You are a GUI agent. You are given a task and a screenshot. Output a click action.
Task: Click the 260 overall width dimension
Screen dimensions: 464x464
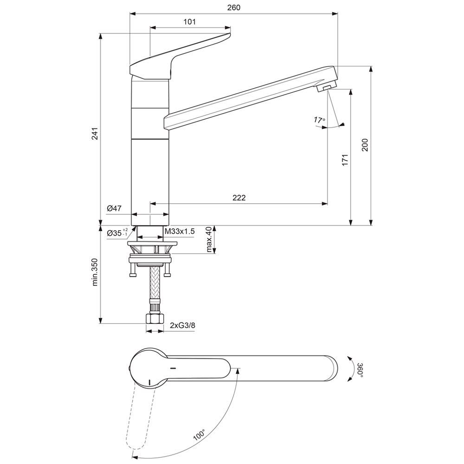click(x=234, y=8)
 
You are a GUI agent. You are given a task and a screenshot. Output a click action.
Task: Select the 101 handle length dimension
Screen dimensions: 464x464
click(x=190, y=22)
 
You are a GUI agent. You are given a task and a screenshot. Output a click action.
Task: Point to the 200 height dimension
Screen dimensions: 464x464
click(x=365, y=145)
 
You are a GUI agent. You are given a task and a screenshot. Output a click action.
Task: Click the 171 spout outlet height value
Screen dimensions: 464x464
click(x=345, y=160)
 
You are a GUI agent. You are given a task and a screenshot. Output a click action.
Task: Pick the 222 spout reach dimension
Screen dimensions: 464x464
click(x=239, y=198)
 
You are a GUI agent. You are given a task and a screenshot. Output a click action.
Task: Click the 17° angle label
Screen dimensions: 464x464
click(x=320, y=120)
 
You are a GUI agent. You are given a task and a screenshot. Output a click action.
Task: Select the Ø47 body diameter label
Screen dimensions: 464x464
click(x=114, y=208)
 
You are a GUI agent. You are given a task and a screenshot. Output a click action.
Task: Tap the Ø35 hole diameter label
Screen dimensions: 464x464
click(x=117, y=232)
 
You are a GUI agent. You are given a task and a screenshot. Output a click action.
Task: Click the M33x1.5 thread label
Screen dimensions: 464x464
click(x=180, y=232)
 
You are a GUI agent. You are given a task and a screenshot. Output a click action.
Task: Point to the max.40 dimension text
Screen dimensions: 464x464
click(x=210, y=240)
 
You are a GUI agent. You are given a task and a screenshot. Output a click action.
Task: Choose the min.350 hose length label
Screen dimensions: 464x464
click(x=95, y=272)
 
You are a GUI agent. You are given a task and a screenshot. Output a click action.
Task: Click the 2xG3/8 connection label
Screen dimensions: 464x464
click(x=182, y=326)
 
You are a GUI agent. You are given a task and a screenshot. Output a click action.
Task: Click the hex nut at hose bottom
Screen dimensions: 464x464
click(x=155, y=319)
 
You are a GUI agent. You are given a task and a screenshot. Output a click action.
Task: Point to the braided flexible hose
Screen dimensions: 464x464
click(x=155, y=283)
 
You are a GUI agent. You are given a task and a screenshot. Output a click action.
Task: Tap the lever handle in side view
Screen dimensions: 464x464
click(x=180, y=56)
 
